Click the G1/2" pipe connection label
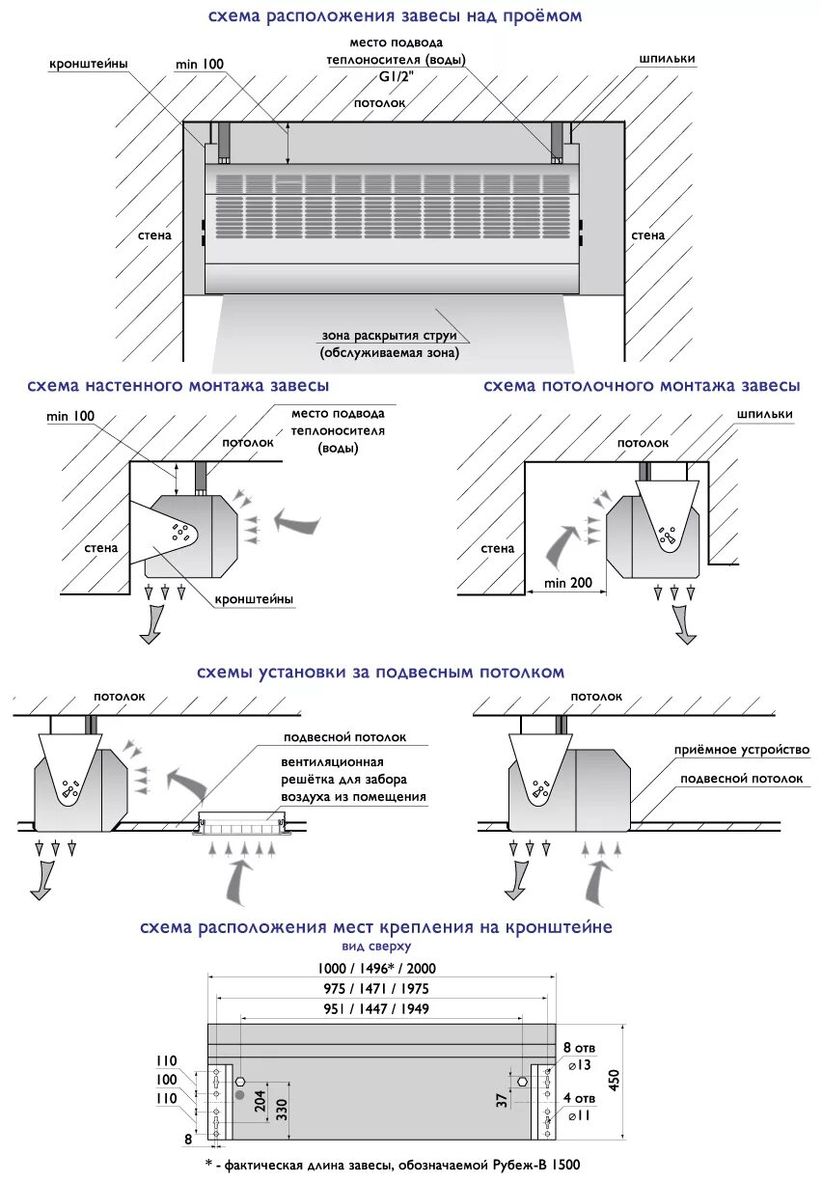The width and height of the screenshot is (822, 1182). pos(395,80)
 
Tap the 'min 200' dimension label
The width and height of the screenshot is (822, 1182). pos(567,583)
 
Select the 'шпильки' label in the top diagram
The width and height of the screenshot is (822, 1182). pos(666,59)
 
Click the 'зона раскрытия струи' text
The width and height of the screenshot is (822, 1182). pos(396,337)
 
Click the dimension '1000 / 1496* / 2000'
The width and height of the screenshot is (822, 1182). pos(382,968)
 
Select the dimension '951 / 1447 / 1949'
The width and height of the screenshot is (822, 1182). pos(382,1008)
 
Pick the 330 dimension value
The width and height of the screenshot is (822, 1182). pos(282,1107)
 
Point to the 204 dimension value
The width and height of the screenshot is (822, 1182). pos(260,1101)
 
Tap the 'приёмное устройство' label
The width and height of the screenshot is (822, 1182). pos(742,750)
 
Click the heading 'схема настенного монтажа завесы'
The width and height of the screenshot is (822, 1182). pos(178,386)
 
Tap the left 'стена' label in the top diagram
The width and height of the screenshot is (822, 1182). pos(155,234)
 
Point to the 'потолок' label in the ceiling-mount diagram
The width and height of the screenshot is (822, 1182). pos(643,442)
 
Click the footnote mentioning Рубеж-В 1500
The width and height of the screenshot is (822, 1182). pos(394,1166)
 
